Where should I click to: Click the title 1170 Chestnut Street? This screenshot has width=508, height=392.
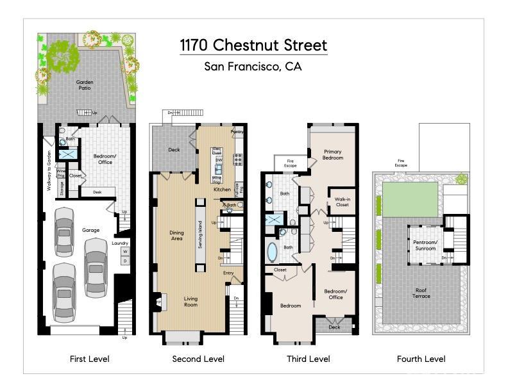tap(253, 45)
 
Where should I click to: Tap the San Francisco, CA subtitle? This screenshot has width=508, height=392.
tap(253, 66)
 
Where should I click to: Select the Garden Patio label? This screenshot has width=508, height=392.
tap(85, 85)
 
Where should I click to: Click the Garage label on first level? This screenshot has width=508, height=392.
tap(90, 229)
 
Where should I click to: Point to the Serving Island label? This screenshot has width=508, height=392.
tap(200, 234)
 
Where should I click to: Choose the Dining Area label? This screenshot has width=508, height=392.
tap(176, 236)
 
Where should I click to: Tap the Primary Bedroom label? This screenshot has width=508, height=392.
tap(332, 154)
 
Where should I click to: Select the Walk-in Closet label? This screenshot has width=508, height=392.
tap(342, 202)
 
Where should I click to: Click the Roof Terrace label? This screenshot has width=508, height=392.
tap(421, 293)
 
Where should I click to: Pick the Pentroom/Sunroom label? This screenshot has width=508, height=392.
tap(425, 245)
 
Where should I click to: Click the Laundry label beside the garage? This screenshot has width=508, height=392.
tap(120, 243)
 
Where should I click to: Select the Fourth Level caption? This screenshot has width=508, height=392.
tap(421, 359)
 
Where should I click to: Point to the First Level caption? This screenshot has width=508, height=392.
tap(90, 359)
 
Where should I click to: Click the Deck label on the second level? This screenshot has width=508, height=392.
tap(174, 150)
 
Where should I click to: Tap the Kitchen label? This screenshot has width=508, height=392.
tap(222, 190)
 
